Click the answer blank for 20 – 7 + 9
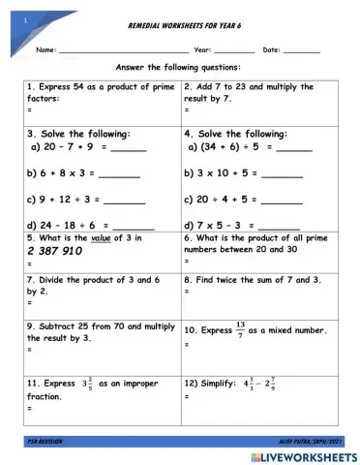click(x=128, y=151)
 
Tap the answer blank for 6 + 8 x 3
click(x=119, y=177)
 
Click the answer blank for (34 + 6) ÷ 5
click(x=293, y=151)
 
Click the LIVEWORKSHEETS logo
click(x=309, y=454)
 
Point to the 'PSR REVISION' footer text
click(x=45, y=441)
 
